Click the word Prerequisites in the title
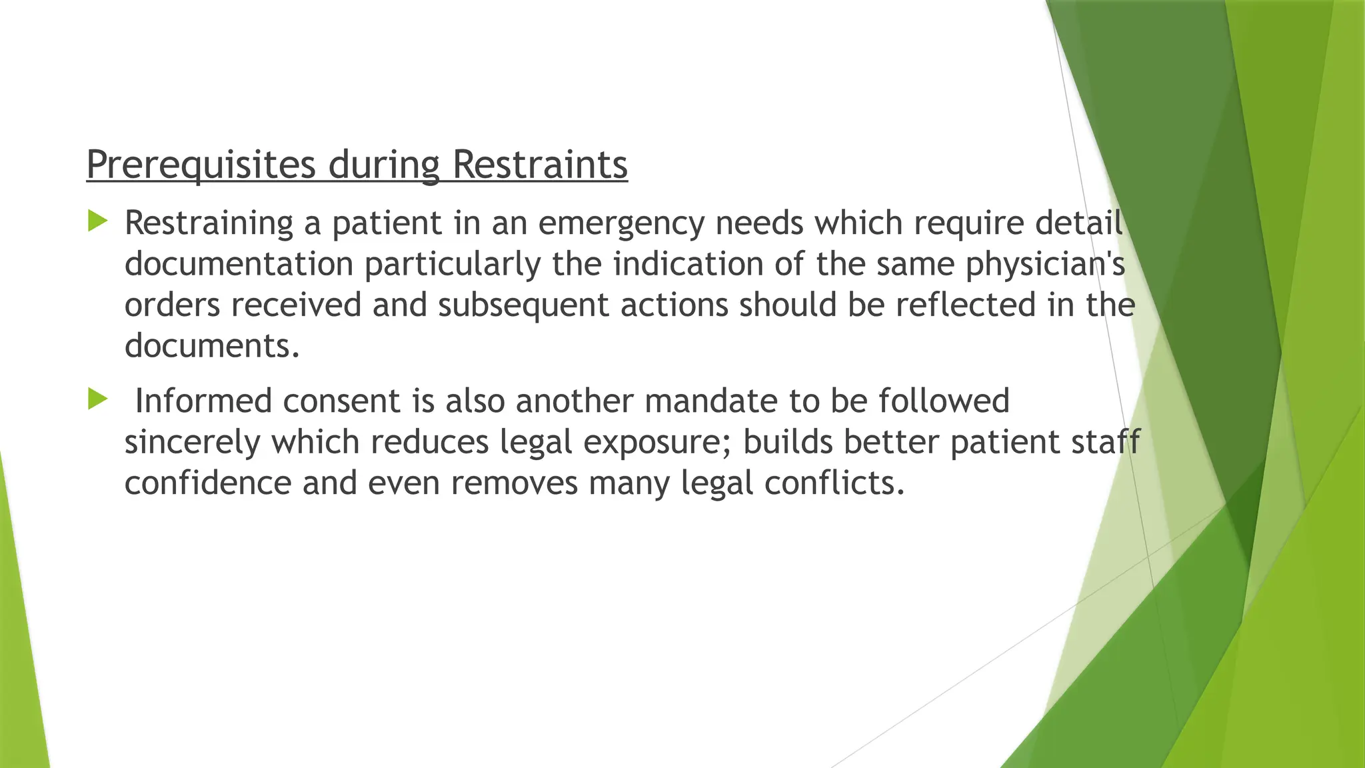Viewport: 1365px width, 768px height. point(201,165)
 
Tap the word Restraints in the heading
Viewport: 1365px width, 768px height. point(540,165)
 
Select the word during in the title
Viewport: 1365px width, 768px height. point(384,165)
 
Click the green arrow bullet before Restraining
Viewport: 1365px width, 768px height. point(97,221)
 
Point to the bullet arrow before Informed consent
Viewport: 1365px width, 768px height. point(97,399)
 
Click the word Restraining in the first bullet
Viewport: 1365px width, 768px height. point(209,223)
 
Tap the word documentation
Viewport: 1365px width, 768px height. point(239,264)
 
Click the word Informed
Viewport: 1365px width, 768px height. point(203,401)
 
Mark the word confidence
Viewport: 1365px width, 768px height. point(208,483)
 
